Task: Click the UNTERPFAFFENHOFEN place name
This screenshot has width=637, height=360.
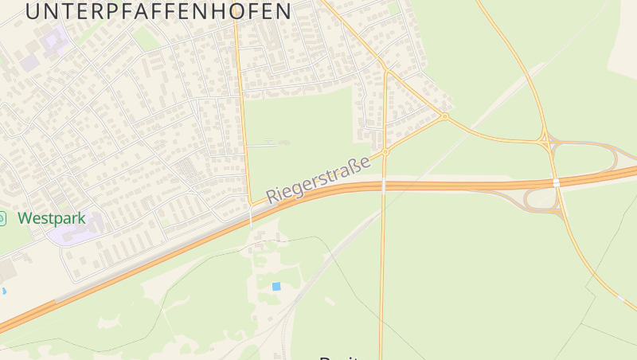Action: pyautogui.click(x=158, y=11)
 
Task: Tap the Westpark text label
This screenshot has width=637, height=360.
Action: pyautogui.click(x=50, y=217)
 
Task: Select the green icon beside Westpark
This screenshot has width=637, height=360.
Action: pyautogui.click(x=2, y=217)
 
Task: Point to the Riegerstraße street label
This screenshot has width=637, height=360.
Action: pyautogui.click(x=318, y=179)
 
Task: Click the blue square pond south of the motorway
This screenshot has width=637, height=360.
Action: pyautogui.click(x=276, y=286)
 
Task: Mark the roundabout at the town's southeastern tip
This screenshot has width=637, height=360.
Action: pyautogui.click(x=444, y=117)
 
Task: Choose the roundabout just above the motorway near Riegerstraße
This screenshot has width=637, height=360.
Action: pyautogui.click(x=385, y=151)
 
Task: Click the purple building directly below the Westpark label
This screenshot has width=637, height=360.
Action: pyautogui.click(x=72, y=233)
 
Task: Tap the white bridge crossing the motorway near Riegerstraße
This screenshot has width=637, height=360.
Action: pyautogui.click(x=384, y=185)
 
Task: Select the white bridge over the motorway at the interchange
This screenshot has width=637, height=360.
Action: pyautogui.click(x=557, y=182)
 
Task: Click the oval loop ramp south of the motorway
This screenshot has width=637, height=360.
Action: pyautogui.click(x=541, y=199)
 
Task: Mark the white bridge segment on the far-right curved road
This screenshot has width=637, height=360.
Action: pyautogui.click(x=620, y=297)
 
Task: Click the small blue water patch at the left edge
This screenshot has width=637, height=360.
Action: pyautogui.click(x=3, y=292)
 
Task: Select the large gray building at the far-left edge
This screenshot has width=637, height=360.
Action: pyautogui.click(x=6, y=271)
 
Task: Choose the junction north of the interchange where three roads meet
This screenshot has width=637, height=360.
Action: pyautogui.click(x=545, y=141)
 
